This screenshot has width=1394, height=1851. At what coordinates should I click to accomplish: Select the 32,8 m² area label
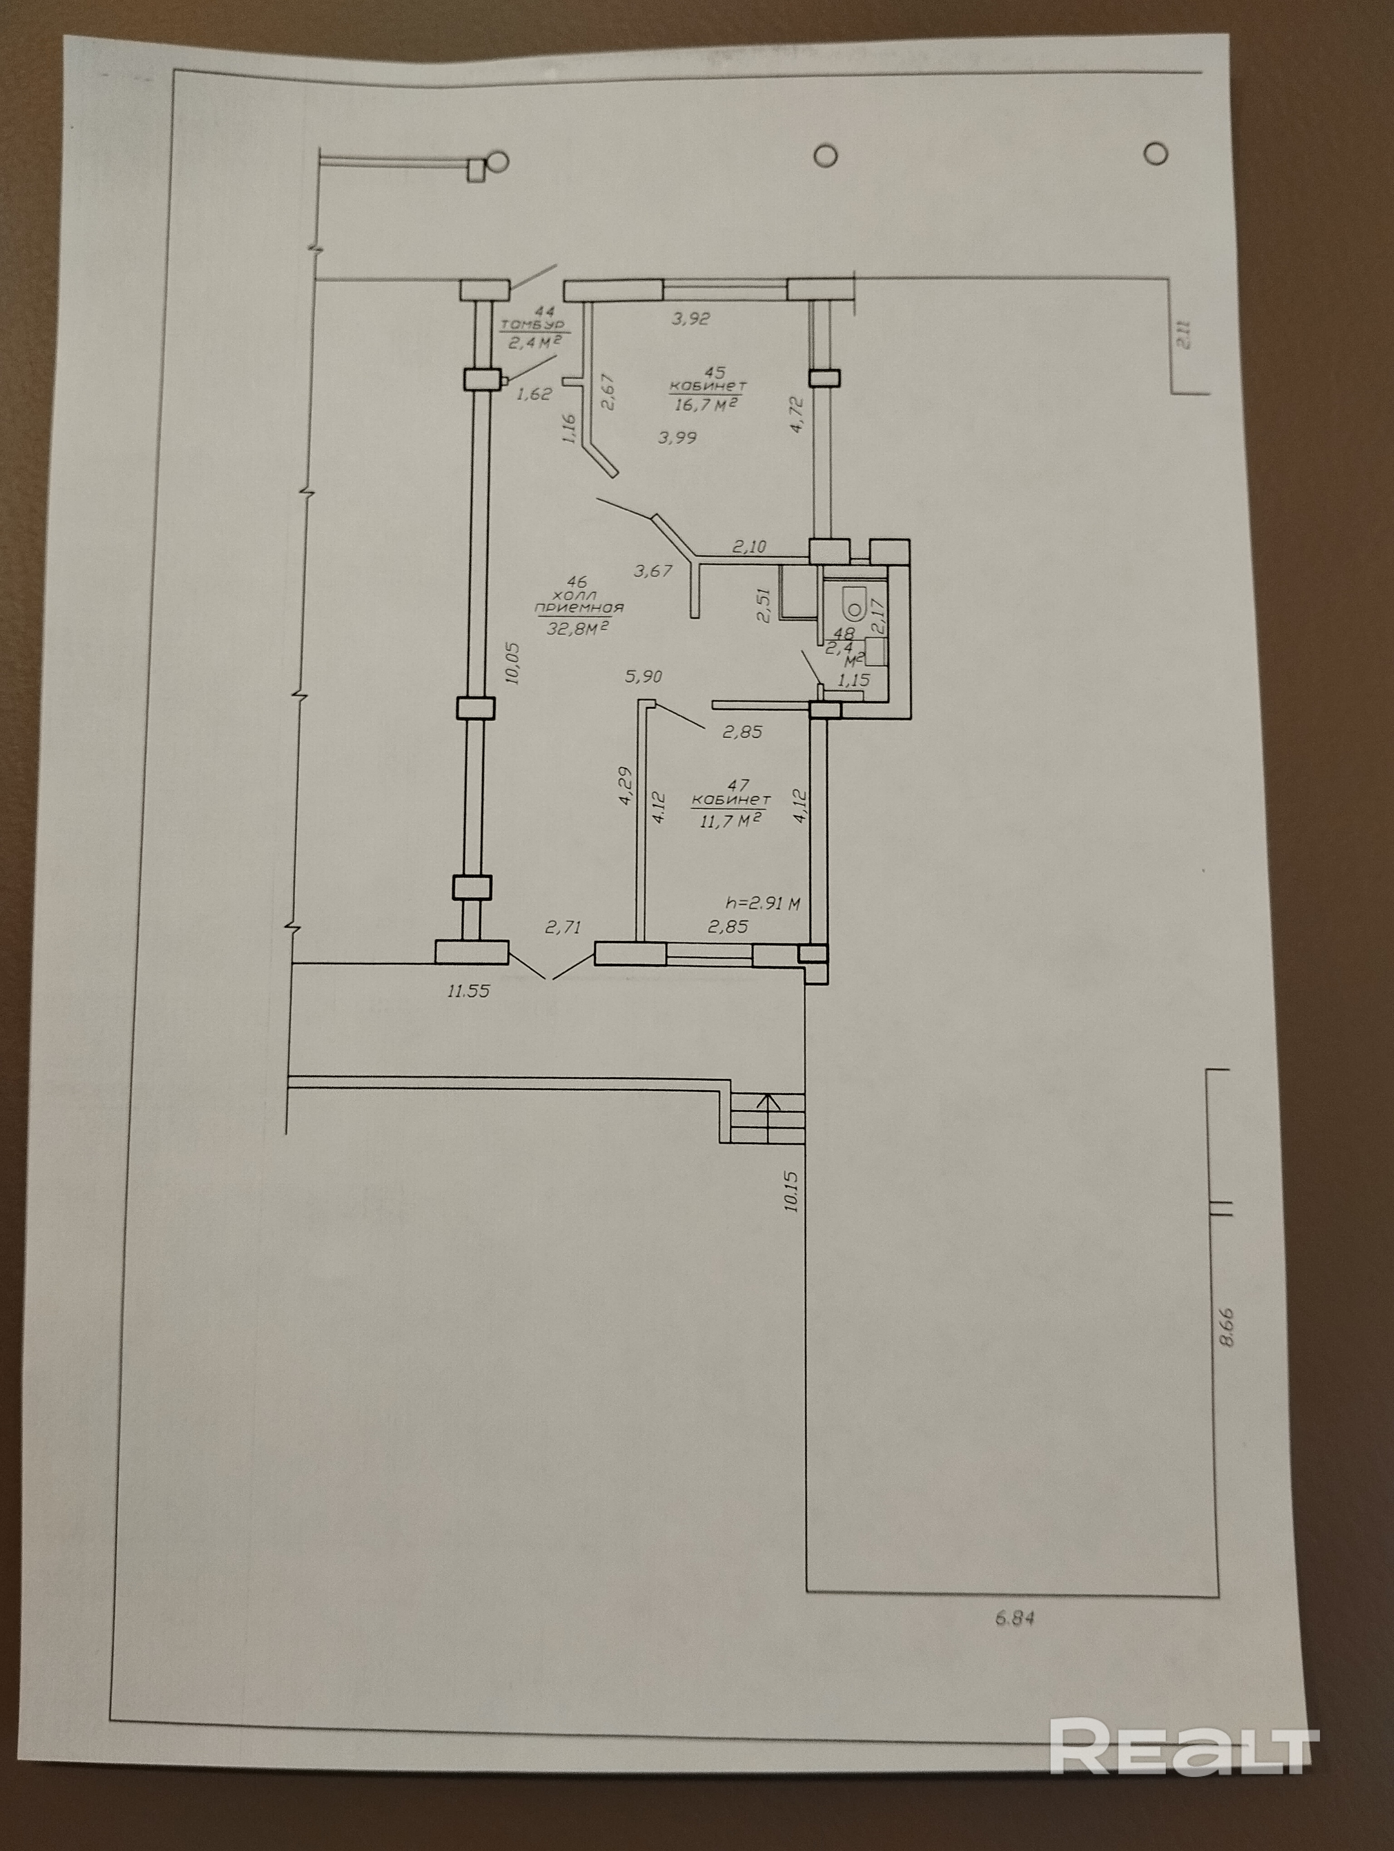tap(576, 627)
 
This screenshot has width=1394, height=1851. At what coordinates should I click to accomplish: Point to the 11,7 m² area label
tap(730, 821)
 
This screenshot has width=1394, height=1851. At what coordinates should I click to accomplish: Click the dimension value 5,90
tap(643, 676)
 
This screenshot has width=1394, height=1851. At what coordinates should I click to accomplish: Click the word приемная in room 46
tap(579, 608)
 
